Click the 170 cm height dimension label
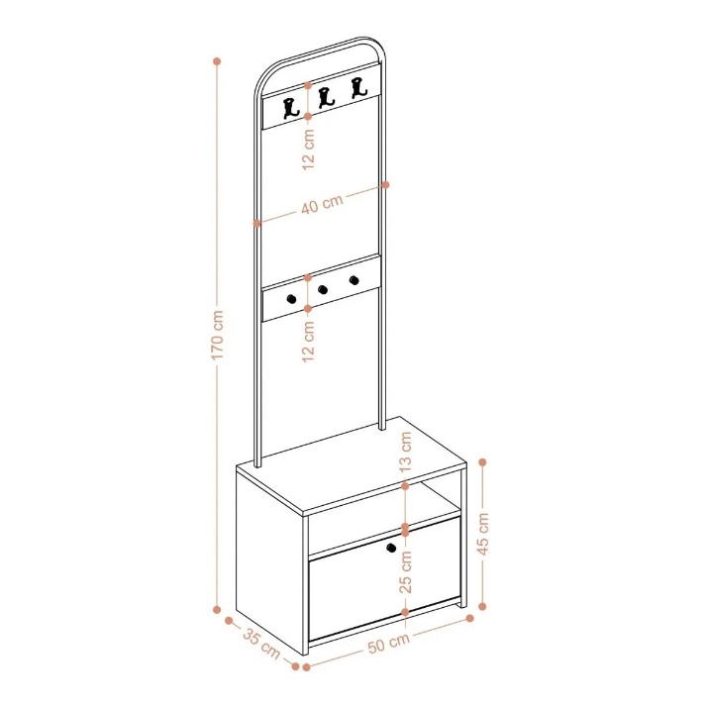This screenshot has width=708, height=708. (x=218, y=335)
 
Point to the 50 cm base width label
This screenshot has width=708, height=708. (x=389, y=643)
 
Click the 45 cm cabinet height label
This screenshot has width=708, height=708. (x=483, y=534)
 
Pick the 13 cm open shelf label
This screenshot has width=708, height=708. (x=406, y=452)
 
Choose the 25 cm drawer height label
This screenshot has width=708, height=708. (x=406, y=571)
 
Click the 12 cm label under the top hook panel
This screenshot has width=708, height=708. (x=308, y=149)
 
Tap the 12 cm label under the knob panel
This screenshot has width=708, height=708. (x=308, y=341)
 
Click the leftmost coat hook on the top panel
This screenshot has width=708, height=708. (x=290, y=108)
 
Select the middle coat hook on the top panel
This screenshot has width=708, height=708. (x=326, y=98)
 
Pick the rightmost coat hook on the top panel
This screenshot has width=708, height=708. (x=358, y=87)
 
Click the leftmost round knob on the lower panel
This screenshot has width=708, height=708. (x=291, y=298)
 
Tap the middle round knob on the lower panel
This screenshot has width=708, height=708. (x=323, y=289)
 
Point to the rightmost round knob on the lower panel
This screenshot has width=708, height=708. (x=354, y=280)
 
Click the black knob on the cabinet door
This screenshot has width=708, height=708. (x=391, y=548)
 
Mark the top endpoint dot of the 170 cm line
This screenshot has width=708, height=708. (x=217, y=61)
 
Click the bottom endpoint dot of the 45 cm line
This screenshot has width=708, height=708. (x=482, y=606)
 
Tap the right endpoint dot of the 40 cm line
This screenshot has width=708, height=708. (x=385, y=185)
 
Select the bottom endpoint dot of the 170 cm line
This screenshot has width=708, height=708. (x=217, y=610)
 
